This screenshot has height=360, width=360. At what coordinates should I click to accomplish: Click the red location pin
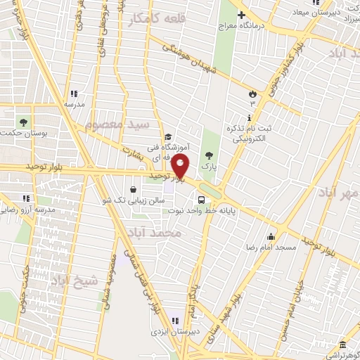point(181,167)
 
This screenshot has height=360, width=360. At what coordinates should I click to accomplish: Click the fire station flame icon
point(252,94)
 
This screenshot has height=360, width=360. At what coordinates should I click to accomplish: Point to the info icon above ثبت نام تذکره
point(250,118)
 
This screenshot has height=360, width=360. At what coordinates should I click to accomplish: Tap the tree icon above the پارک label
point(207,155)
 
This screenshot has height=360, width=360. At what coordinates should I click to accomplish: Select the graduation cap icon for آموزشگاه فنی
point(168,137)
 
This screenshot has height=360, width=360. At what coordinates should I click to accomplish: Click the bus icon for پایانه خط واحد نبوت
point(202,198)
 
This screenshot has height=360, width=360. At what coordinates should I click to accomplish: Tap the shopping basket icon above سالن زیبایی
point(134,188)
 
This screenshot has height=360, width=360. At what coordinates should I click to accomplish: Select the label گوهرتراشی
point(340,355)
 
